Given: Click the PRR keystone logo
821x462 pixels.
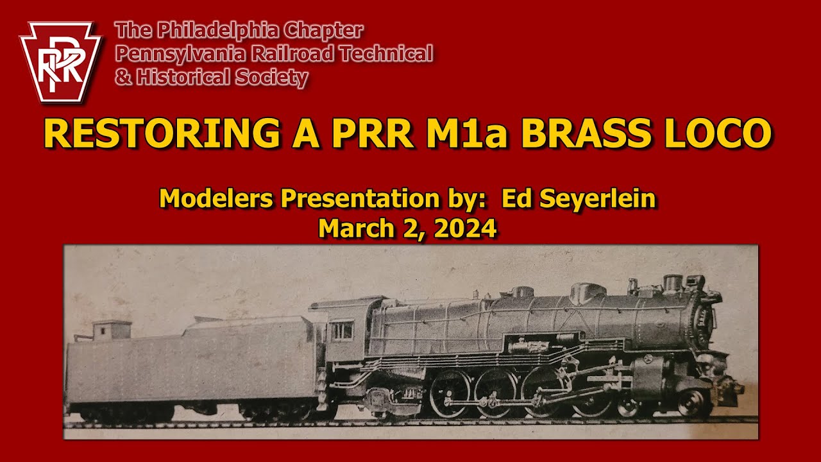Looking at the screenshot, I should tap(61, 62).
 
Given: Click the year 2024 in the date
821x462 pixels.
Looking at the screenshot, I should tap(466, 228).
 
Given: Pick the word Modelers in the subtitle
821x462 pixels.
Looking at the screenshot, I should tap(216, 199).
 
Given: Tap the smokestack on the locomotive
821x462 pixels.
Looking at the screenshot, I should tap(672, 282).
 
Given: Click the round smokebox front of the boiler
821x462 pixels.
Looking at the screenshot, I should tap(704, 318).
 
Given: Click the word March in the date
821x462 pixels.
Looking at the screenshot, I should tap(350, 228).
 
